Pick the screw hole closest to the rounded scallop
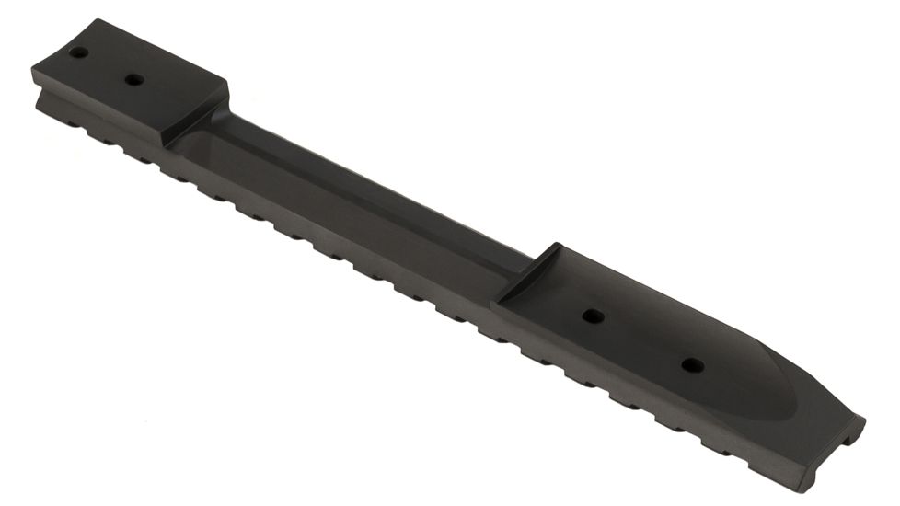tap(692, 365)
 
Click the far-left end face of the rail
tap(37, 87)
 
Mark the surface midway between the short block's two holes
tap(107, 66)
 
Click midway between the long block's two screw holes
tap(642, 340)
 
